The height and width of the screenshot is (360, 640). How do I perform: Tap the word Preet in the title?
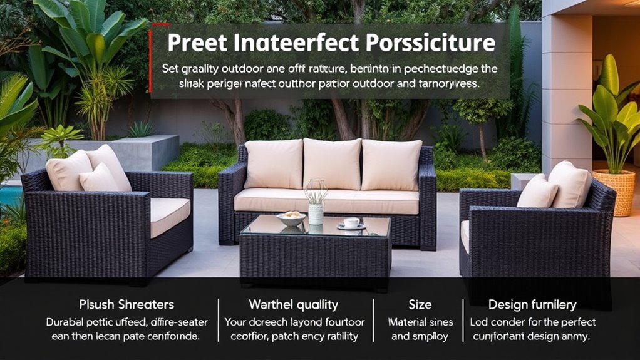tap(196, 43)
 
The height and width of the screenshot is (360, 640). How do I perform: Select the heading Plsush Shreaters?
tap(126, 304)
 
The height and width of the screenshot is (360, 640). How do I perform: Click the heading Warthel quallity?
tap(293, 304)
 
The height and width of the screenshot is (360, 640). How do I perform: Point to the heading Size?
tap(420, 304)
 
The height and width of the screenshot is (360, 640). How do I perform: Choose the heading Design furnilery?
tap(532, 304)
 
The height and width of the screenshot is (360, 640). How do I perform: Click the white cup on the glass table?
tap(352, 222)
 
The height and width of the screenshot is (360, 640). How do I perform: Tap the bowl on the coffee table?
tap(291, 219)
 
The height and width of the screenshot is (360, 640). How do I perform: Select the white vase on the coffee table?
tap(316, 213)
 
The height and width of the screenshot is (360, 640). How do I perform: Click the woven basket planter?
tap(613, 192)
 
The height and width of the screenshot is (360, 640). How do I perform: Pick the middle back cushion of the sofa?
tap(332, 164)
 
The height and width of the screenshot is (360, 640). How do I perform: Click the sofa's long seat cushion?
tap(326, 201)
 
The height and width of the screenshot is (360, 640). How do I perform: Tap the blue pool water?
tap(9, 196)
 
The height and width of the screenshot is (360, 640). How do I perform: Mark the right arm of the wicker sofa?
tap(428, 200)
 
